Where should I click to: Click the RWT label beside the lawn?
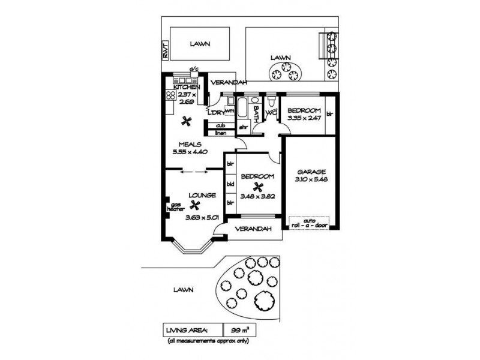click(165, 52)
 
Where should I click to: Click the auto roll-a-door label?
click(310, 223)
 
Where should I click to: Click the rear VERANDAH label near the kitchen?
click(229, 83)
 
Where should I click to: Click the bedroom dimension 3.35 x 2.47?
click(304, 118)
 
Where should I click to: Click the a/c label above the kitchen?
click(194, 70)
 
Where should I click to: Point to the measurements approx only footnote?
click(209, 341)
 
